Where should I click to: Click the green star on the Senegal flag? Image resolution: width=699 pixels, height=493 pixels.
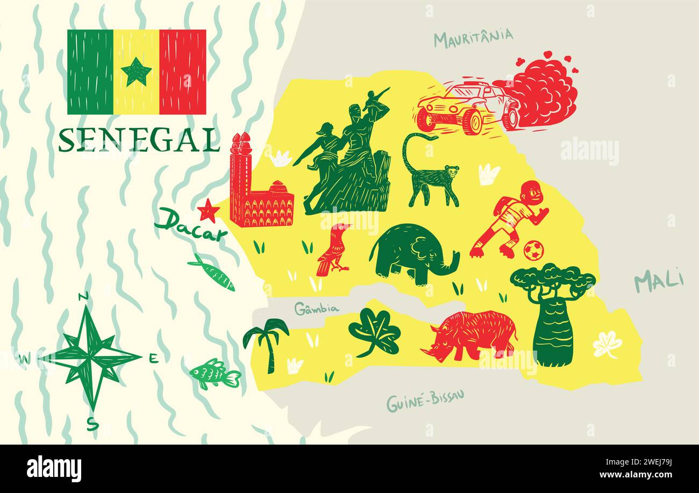tap(136, 72)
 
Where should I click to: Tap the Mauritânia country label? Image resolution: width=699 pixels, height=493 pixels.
tap(473, 38)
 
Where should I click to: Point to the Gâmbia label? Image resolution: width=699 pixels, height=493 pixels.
tap(317, 309)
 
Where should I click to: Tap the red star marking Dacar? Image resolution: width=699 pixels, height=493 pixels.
tap(208, 211)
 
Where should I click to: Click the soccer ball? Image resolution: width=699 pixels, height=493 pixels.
tap(533, 250)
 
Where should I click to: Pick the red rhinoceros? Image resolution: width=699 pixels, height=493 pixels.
tap(470, 334)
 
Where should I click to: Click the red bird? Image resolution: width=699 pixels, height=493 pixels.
tap(334, 248)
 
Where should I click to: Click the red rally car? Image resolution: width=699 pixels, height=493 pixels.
tap(468, 108)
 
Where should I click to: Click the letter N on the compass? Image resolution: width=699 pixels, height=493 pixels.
tap(83, 296)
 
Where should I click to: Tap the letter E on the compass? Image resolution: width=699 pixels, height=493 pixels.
tap(153, 359)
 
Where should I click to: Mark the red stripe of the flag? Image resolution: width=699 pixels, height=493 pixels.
tap(182, 72)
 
